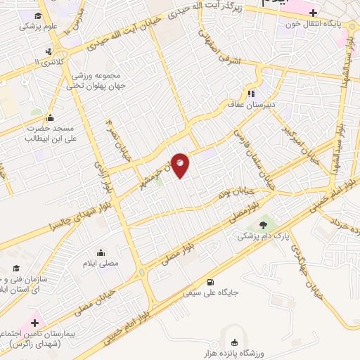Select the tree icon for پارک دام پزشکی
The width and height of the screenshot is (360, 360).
[263, 225]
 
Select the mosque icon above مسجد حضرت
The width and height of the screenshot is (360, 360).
[50, 117]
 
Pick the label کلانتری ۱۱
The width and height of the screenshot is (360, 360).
[47, 63]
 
